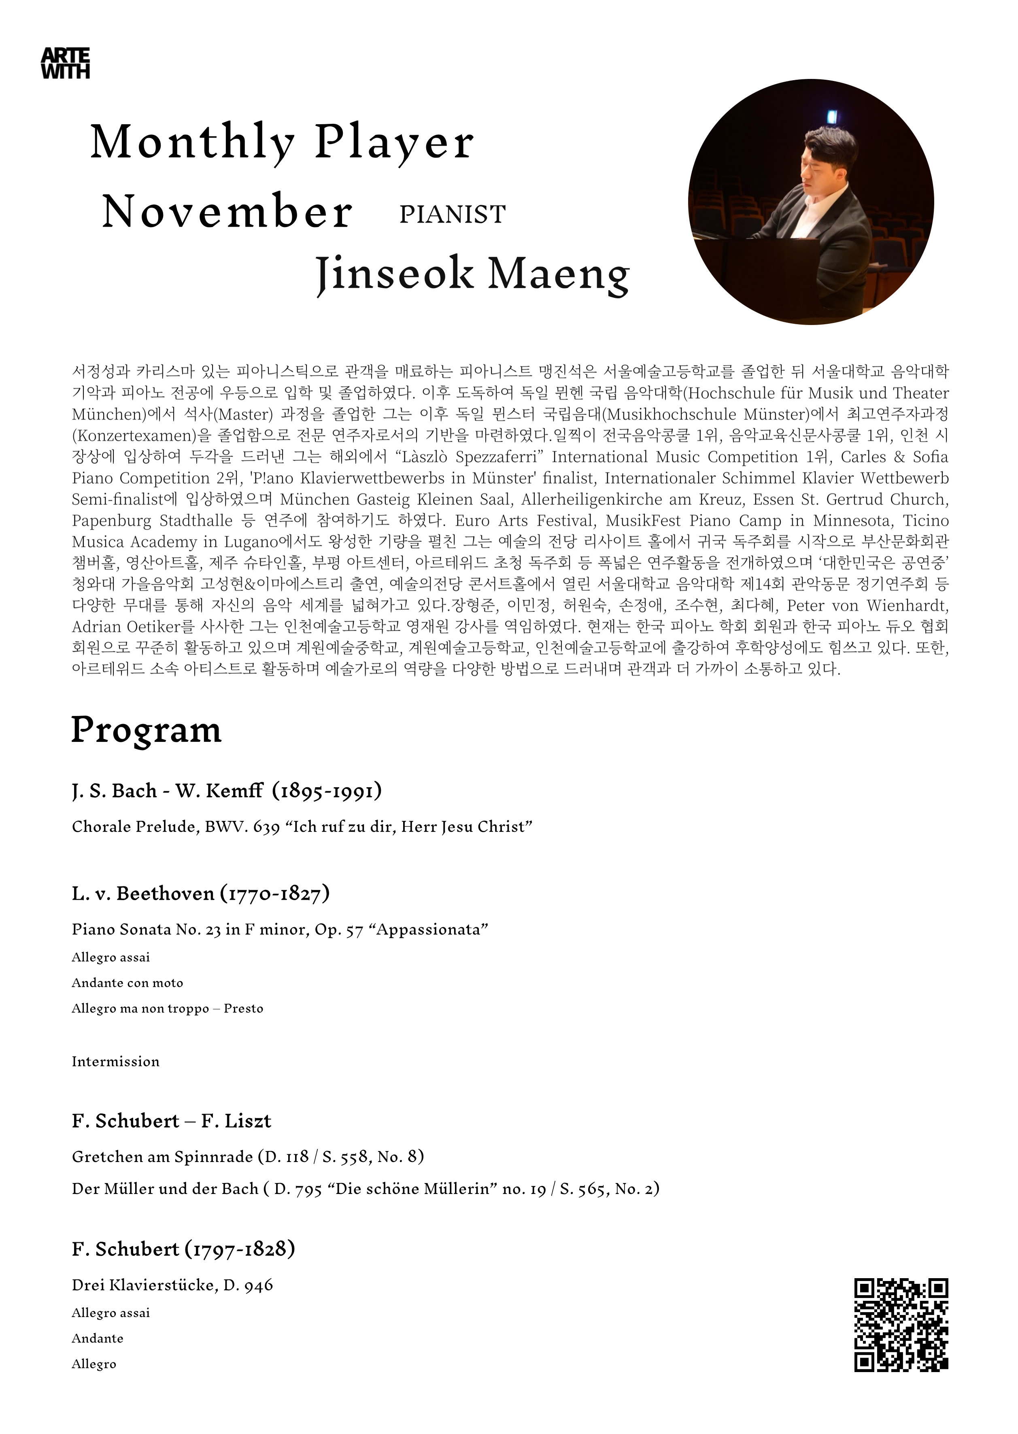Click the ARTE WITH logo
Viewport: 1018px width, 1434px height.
pos(65,63)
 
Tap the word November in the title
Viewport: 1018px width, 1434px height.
pos(227,212)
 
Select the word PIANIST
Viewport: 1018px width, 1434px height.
pos(452,215)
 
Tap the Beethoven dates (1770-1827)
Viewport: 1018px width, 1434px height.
pos(274,893)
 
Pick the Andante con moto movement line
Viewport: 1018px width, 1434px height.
pos(127,983)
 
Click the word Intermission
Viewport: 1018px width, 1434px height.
pos(115,1062)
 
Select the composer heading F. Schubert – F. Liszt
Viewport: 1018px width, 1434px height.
pos(171,1121)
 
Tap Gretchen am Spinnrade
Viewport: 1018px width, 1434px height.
pos(162,1156)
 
